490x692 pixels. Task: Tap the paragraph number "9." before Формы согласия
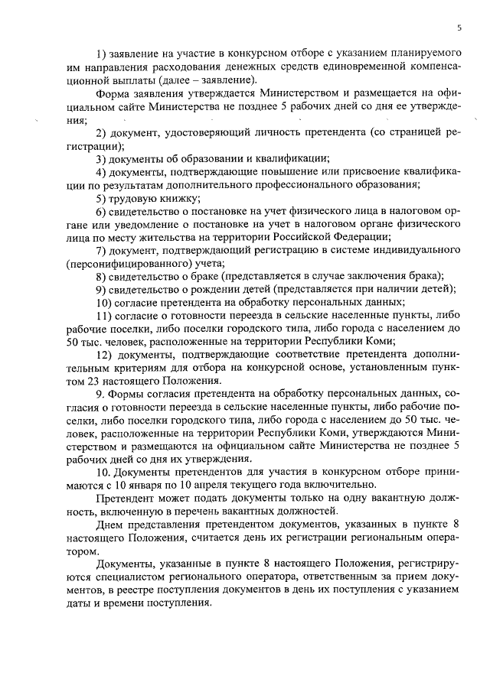100,394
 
